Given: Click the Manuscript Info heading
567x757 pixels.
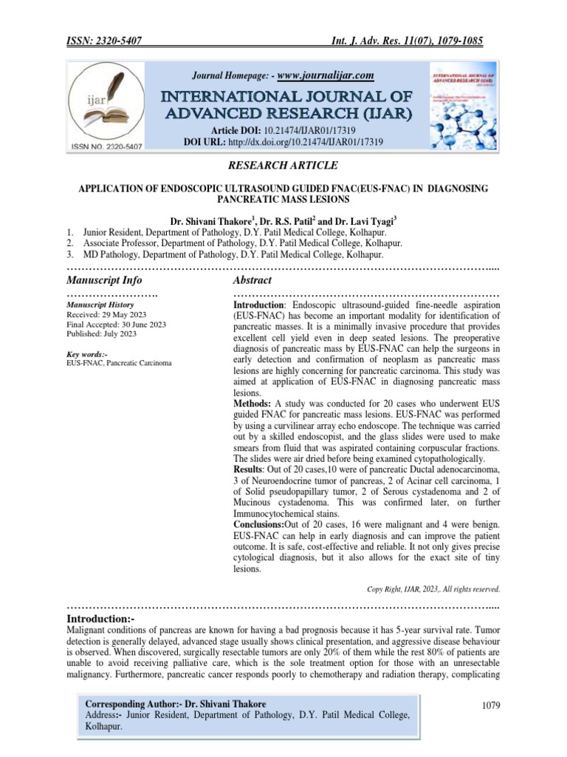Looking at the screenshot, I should click(x=104, y=280).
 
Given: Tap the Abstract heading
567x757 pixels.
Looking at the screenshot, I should click(x=252, y=280).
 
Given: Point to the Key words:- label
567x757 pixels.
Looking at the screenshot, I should click(x=87, y=355).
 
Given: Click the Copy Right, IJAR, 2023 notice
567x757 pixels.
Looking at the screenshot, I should click(x=433, y=589).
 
